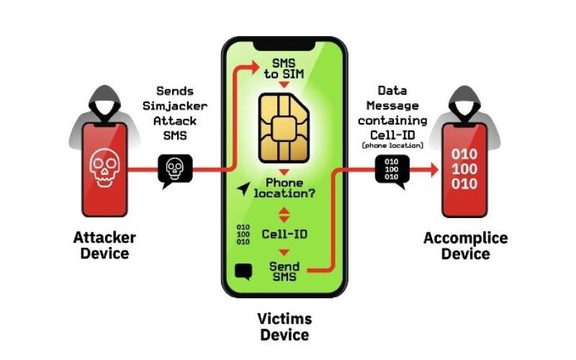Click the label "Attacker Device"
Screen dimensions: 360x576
pyautogui.click(x=104, y=246)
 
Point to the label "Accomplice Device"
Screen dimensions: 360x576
pyautogui.click(x=465, y=246)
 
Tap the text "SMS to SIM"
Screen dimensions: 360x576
pyautogui.click(x=284, y=68)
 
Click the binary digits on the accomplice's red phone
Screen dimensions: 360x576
pyautogui.click(x=464, y=169)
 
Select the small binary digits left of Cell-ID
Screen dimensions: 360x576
pyautogui.click(x=244, y=234)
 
